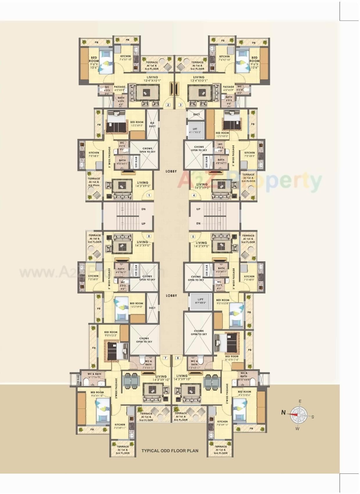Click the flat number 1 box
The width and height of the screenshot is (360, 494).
click(149, 195)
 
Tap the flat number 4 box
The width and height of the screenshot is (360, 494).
click(194, 195)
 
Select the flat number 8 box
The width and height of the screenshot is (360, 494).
click(149, 236)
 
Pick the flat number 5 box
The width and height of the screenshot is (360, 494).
click(193, 237)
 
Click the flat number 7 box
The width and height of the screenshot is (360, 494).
click(165, 358)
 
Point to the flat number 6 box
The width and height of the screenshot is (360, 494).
click(178, 358)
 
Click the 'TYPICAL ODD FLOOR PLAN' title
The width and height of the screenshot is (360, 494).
click(170, 451)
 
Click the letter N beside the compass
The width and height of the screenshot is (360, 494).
click(283, 412)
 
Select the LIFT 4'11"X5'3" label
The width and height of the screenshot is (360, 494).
click(195, 130)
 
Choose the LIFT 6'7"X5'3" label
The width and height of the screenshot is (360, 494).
click(200, 301)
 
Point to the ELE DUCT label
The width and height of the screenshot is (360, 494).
click(152, 125)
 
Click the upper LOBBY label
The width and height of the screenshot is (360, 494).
click(171, 171)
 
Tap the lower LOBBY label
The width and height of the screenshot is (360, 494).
click(171, 296)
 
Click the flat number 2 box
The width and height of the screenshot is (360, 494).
click(168, 105)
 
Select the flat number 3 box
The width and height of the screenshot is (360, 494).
click(180, 105)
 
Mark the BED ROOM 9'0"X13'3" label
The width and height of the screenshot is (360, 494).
click(111, 334)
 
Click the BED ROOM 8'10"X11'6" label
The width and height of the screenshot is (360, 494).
click(232, 358)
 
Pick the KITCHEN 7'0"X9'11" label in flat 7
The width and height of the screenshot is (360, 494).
click(120, 426)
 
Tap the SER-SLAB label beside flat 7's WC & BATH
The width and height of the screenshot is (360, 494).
click(78, 380)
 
